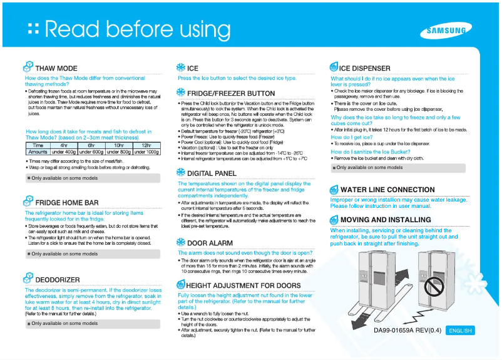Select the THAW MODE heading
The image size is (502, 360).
pos(56,68)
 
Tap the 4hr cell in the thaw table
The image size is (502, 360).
pos(64,145)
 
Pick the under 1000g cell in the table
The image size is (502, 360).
pos(146,152)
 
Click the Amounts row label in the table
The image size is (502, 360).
pos(38,152)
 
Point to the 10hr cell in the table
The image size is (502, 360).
pos(118,145)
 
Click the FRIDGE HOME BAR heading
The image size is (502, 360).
pos(66,203)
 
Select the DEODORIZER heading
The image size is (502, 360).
pos(58,279)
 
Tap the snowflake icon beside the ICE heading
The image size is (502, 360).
pos(180,68)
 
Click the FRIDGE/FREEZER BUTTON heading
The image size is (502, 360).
pos(231,93)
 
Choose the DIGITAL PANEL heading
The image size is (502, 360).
pos(212,173)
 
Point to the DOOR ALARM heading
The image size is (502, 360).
pos(210,242)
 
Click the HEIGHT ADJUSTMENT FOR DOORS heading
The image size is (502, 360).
pos(243,285)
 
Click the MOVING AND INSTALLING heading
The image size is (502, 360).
pos(385,220)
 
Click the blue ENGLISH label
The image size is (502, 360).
pos(460,331)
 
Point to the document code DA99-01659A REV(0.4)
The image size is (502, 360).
pos(407,331)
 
